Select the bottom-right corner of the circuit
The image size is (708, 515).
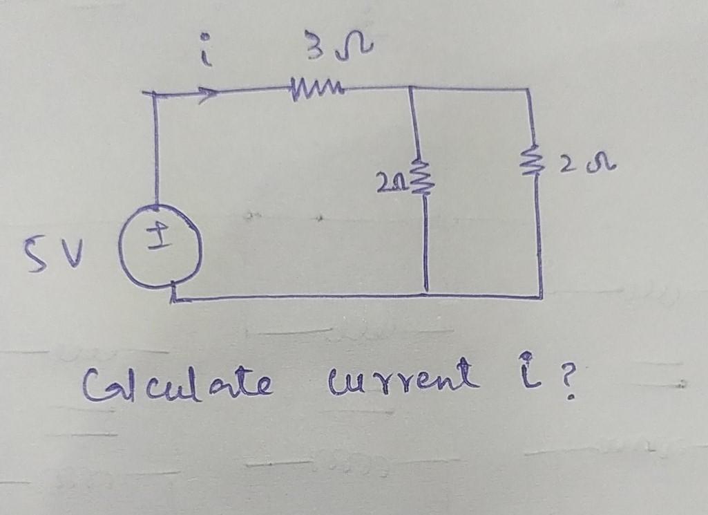pyautogui.click(x=542, y=297)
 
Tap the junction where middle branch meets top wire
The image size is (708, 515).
pyautogui.click(x=412, y=88)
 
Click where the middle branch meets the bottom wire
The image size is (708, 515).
pyautogui.click(x=426, y=296)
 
